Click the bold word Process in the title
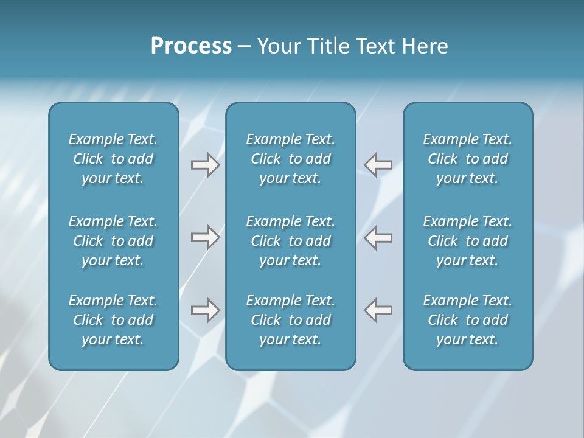[191, 46]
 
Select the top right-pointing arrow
[205, 165]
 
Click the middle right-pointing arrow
[205, 237]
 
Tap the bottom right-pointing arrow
[205, 310]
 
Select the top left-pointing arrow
[378, 165]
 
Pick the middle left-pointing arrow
[378, 237]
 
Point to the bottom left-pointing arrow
[378, 310]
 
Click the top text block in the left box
[113, 159]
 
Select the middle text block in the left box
[113, 241]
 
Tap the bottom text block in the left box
[113, 320]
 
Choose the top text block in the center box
[290, 159]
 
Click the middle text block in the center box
[290, 241]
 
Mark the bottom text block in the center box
[290, 320]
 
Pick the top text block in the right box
[467, 159]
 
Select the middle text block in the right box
[467, 241]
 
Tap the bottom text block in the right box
[467, 320]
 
